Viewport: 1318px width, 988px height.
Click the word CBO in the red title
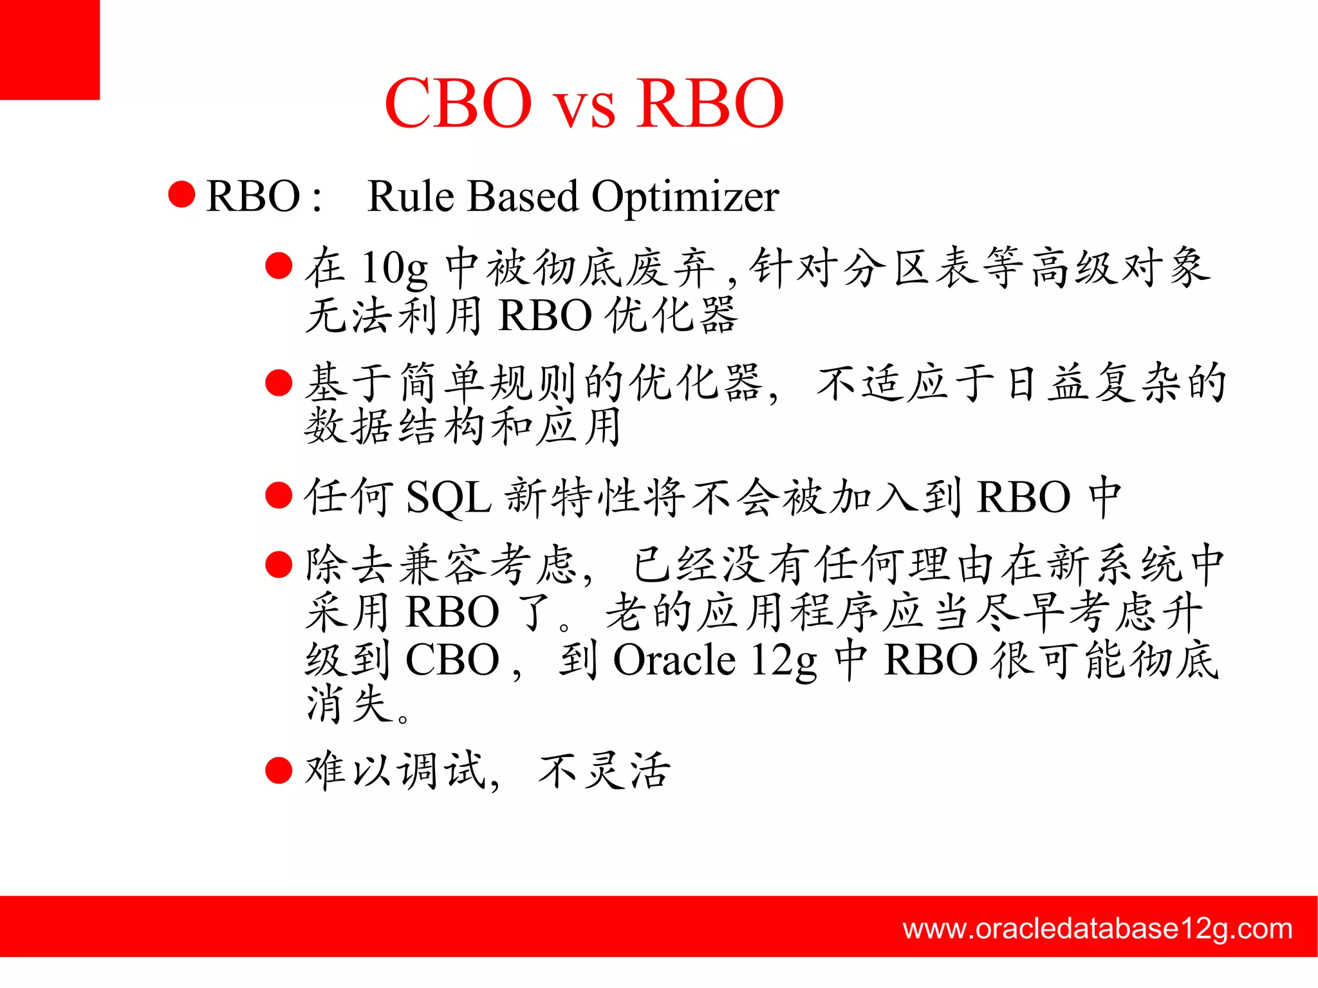(458, 104)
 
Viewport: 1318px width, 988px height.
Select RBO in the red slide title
(710, 104)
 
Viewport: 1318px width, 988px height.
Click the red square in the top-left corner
(50, 50)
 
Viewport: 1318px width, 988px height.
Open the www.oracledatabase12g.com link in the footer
(1097, 929)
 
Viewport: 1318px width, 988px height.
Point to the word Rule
(410, 196)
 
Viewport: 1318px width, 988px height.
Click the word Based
(523, 196)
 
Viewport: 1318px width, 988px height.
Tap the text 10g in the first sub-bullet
(394, 268)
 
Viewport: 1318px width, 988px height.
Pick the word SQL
(449, 498)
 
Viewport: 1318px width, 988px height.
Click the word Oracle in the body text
(674, 660)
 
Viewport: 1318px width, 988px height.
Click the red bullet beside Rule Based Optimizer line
(181, 195)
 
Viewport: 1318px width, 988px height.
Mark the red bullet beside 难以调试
(279, 770)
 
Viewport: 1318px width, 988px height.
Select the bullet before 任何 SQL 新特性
(279, 496)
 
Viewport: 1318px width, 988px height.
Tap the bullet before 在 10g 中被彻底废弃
(279, 266)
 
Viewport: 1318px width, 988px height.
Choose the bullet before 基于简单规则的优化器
(279, 382)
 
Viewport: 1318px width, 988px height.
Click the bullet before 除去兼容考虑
(279, 564)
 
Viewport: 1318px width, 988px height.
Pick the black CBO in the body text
(452, 660)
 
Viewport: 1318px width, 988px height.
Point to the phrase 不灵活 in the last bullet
(604, 770)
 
